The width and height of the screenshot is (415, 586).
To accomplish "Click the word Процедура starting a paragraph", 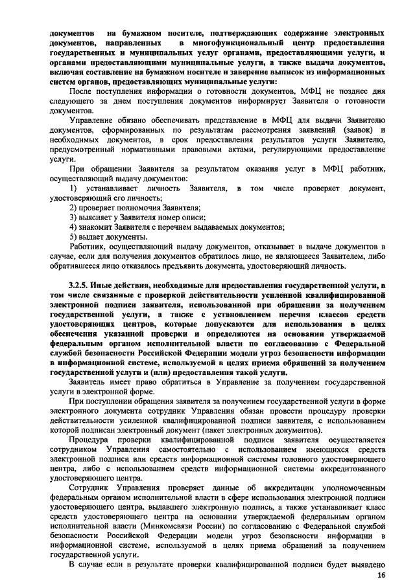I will pyautogui.click(x=91, y=439).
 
